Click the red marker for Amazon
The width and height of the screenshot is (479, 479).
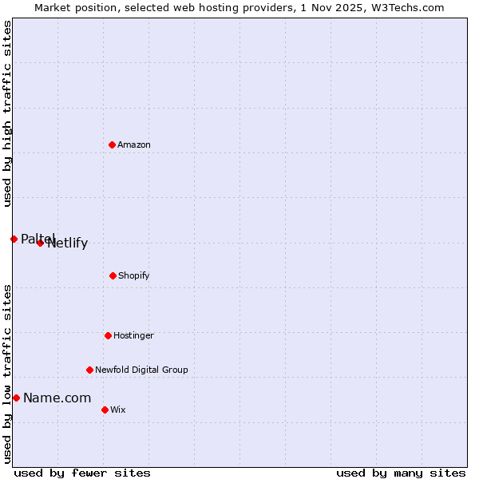112,144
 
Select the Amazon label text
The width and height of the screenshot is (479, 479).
134,144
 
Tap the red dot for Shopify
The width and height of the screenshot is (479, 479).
113,275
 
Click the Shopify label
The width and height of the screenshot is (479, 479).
133,275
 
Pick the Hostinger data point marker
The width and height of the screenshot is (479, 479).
108,335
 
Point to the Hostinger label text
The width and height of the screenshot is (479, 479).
133,335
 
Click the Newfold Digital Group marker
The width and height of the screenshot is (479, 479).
89,370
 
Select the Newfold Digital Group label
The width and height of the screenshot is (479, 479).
141,370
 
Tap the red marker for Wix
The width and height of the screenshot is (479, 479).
105,410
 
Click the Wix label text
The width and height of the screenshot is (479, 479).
117,410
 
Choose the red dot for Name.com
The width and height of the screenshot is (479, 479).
16,398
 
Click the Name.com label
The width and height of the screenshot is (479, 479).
57,398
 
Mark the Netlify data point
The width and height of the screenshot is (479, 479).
40,243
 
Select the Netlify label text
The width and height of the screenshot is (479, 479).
68,243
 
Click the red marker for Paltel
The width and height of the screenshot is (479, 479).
14,239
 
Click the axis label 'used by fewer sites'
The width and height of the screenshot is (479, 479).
82,473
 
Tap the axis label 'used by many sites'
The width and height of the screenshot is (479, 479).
401,473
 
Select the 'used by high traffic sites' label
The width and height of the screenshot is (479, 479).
7,113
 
